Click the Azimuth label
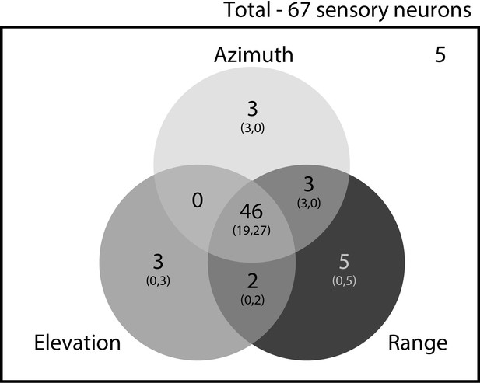254,54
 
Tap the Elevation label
78,343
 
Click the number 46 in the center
251,211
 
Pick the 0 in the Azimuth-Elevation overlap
198,201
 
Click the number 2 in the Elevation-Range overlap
252,281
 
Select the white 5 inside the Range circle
344,262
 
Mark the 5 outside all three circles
440,55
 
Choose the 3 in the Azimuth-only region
253,109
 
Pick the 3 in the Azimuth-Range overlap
309,184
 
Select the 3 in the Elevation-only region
158,262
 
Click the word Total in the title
247,10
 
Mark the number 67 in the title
299,10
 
